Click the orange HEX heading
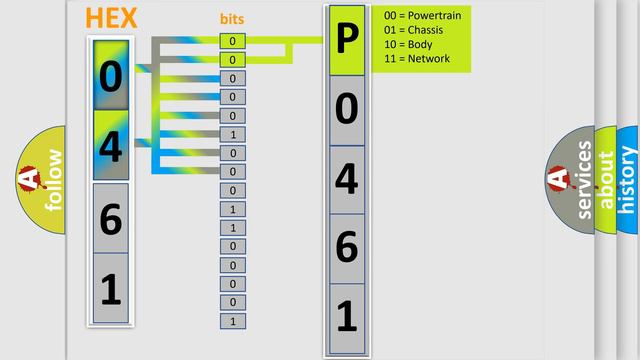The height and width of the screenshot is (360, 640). [111, 18]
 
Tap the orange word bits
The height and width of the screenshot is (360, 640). [232, 19]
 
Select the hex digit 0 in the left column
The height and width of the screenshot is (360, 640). [111, 75]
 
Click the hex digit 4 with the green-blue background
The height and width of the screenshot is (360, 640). [111, 146]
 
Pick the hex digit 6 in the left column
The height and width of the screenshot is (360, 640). [111, 218]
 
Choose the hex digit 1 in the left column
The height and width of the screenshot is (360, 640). [111, 289]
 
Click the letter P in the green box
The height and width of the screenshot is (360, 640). [346, 40]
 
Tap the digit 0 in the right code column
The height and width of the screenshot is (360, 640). [346, 109]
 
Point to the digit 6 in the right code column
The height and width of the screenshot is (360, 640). [346, 247]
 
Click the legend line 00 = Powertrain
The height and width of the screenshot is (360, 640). [421, 16]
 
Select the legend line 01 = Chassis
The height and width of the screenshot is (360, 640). [414, 30]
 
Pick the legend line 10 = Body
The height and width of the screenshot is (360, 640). [407, 44]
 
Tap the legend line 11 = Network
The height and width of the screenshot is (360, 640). [416, 58]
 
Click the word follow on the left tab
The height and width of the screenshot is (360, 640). [53, 179]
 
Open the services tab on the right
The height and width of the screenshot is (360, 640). [584, 179]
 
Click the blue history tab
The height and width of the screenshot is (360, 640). [628, 179]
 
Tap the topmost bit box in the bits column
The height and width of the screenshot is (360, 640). [232, 41]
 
